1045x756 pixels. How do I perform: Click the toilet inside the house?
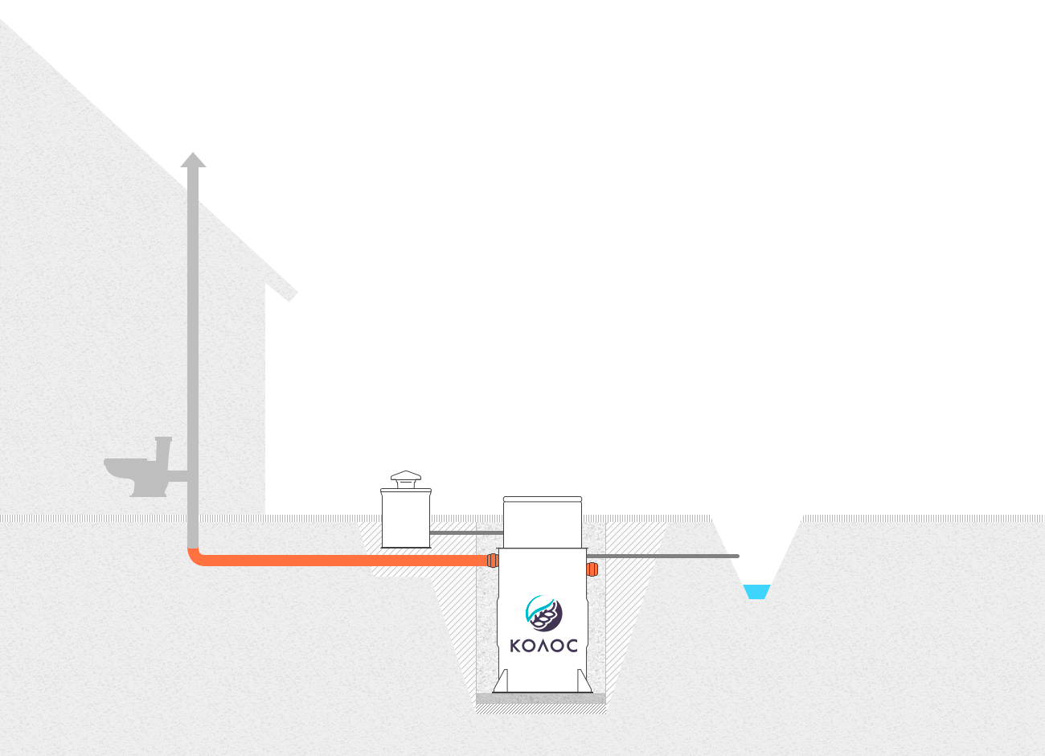pos(140,469)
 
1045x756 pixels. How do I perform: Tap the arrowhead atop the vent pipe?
pos(193,160)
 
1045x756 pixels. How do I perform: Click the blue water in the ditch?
pos(756,592)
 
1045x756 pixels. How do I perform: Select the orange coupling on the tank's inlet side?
pos(493,560)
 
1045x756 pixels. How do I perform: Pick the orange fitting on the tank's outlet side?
pos(592,569)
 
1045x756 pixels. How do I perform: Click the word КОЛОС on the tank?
pos(543,646)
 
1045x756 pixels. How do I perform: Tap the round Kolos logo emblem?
pos(543,613)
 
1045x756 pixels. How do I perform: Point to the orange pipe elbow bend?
pos(195,558)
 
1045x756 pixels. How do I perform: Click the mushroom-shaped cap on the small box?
pos(406,479)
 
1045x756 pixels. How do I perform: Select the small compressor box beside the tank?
pos(406,518)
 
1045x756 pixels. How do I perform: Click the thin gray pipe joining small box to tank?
pos(466,532)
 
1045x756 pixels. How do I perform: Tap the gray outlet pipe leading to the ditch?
pos(662,557)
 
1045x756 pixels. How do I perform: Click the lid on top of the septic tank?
pos(543,499)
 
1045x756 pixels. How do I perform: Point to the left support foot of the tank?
pos(501,681)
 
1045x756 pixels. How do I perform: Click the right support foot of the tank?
pos(584,681)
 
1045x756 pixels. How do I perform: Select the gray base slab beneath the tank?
pos(541,698)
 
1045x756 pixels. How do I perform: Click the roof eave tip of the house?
pos(290,298)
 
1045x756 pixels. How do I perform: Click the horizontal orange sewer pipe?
pos(343,561)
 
